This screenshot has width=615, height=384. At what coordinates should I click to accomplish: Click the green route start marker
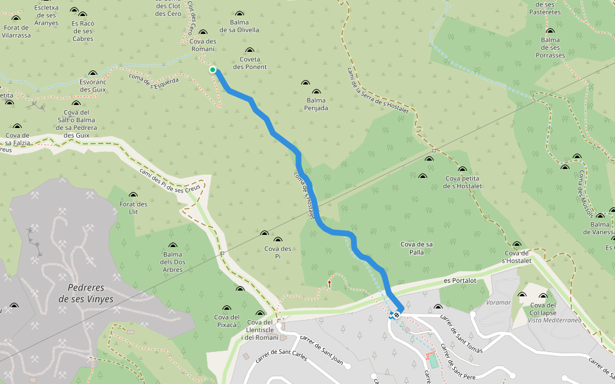[x=212, y=70]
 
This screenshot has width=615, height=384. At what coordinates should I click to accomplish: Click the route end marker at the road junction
[x=397, y=314]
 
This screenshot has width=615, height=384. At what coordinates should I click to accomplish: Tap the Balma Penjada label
[x=316, y=104]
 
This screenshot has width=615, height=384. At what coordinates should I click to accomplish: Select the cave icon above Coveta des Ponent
[x=250, y=51]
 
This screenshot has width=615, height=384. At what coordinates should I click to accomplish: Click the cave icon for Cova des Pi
[x=265, y=234]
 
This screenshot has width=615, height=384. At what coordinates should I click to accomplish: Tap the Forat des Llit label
[x=133, y=208]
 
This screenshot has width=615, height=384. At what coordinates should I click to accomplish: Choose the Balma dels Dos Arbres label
[x=172, y=262]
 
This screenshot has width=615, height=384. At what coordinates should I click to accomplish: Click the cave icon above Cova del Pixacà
[x=240, y=289]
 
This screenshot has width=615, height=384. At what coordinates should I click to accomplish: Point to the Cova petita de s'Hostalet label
[x=462, y=182]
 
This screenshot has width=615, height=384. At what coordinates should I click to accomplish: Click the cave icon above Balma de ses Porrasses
[x=550, y=31]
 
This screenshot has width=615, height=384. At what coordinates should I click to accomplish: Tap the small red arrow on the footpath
[x=330, y=282]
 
